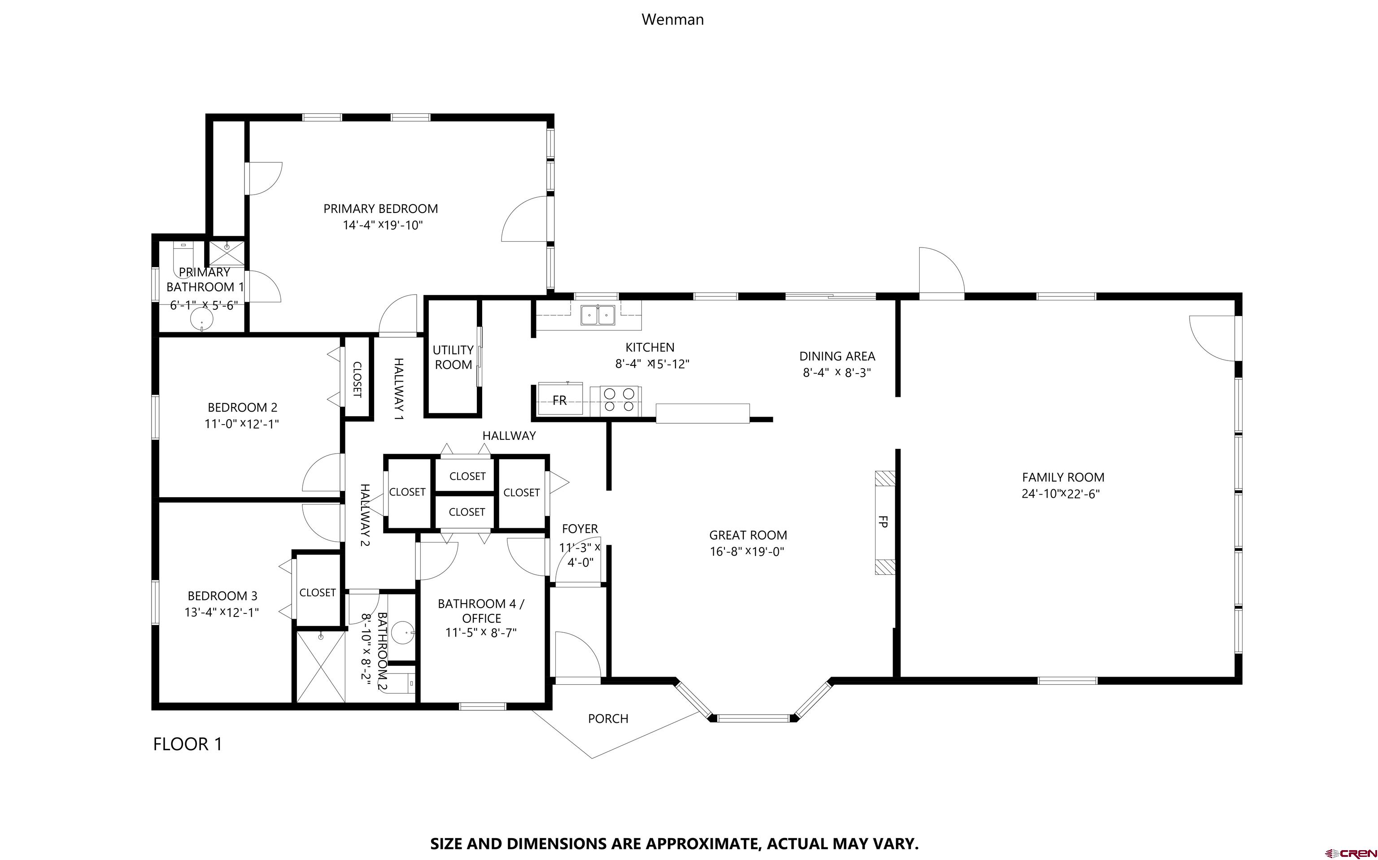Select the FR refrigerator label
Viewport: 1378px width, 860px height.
pos(559,400)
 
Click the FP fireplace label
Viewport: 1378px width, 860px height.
pos(883,521)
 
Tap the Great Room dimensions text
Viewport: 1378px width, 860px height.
pos(747,551)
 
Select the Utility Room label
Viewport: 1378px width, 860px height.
pos(453,357)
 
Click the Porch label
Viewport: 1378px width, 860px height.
pos(608,718)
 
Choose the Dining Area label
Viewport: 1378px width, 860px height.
pos(837,356)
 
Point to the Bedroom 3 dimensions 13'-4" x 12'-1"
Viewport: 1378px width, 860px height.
pos(222,612)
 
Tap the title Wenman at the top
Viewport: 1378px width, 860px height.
pos(672,19)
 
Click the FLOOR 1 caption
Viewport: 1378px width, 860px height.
pos(188,744)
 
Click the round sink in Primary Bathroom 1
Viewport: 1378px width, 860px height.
pos(201,320)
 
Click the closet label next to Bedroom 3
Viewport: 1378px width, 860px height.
pos(318,593)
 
